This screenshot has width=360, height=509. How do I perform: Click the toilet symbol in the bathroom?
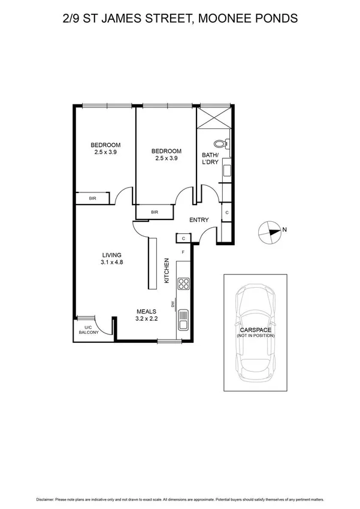(x=221, y=143)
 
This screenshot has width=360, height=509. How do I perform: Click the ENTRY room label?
(x=199, y=220)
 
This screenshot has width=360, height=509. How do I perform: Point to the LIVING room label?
(x=112, y=254)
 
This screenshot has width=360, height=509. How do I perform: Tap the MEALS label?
(x=146, y=311)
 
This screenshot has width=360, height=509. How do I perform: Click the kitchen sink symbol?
(x=183, y=319)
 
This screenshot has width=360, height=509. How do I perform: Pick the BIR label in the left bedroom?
(x=93, y=198)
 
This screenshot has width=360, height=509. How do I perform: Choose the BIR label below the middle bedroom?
(x=154, y=212)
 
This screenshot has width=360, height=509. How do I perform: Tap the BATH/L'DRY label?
(x=211, y=159)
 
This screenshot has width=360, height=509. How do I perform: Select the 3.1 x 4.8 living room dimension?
(x=112, y=262)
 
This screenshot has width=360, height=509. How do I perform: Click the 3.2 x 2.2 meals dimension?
(x=146, y=319)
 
